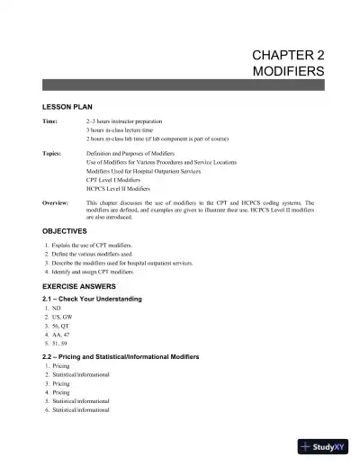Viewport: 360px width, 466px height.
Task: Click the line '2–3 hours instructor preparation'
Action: click(128, 121)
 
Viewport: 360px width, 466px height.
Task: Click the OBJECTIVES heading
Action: click(66, 231)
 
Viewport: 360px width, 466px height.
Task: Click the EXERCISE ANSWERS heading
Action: click(82, 288)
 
